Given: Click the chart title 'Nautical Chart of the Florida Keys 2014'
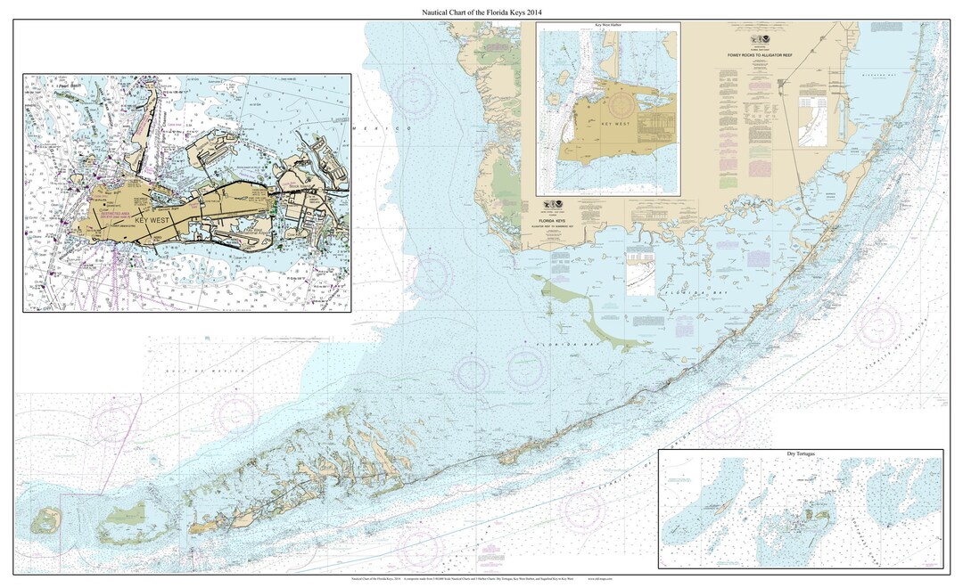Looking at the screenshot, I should click(x=481, y=11).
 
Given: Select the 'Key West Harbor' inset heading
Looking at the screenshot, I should click(x=607, y=27).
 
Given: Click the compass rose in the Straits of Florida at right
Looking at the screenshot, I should click(x=877, y=323).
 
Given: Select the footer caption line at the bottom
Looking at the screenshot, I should click(x=481, y=578).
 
